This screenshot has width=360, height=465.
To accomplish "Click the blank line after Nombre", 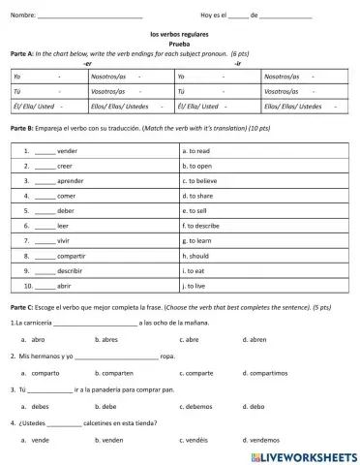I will coord(89,16).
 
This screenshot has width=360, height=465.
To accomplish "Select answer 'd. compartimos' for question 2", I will coord(260,373).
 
